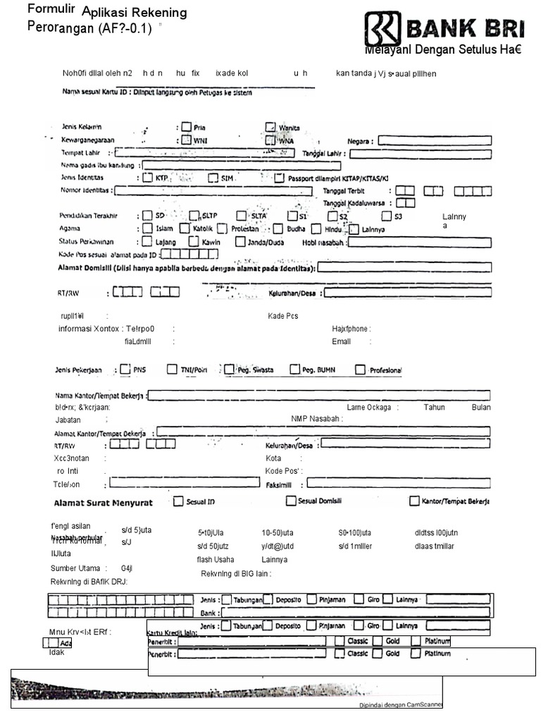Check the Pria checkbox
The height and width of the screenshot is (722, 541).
pos(186,127)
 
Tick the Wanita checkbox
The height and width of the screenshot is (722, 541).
pos(270,127)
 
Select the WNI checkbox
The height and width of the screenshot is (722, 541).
pos(186,140)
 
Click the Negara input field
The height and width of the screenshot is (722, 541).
pos(433,140)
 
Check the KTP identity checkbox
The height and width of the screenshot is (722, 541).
pos(148,178)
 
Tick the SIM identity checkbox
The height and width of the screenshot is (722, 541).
pos(213,178)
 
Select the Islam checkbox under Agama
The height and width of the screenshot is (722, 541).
pos(147,228)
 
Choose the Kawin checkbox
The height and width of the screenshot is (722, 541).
pos(194,242)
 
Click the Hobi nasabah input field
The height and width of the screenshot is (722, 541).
pos(419,242)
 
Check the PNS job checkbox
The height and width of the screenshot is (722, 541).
pos(125,369)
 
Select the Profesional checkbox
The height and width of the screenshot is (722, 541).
pos(361,369)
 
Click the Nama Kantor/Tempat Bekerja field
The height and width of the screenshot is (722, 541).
pos(318,395)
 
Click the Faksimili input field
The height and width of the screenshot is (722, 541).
pos(398,484)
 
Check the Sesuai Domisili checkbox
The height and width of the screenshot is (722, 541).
pos(291,501)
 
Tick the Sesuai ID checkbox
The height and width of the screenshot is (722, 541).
pos(178,501)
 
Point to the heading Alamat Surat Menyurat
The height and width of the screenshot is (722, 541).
pos(104,503)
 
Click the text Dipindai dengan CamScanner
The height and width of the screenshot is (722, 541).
pos(397,704)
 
